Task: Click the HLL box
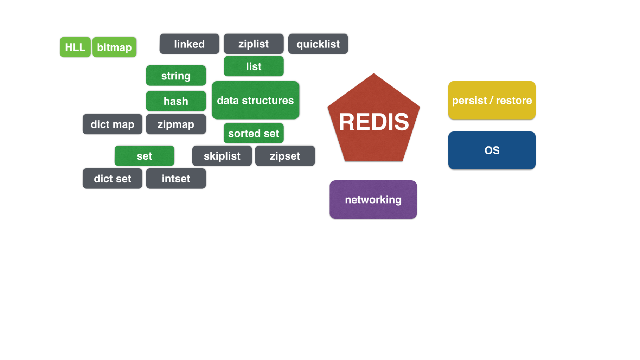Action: point(75,47)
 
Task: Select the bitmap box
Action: point(114,47)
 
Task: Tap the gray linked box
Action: point(189,44)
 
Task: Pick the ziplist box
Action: point(254,44)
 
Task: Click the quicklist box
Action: point(318,44)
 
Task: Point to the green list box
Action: point(254,66)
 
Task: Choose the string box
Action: point(176,76)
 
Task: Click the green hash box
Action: point(176,101)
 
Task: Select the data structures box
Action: point(255,100)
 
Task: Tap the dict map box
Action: point(113,124)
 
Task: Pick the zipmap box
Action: point(176,124)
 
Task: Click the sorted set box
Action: point(254,133)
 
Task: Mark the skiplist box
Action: point(222,156)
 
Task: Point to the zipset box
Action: point(285,156)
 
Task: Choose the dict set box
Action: point(113,179)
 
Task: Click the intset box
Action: point(176,179)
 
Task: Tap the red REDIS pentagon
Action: point(374,121)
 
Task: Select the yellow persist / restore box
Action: point(492,100)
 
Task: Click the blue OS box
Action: point(492,150)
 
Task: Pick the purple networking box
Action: point(373,200)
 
